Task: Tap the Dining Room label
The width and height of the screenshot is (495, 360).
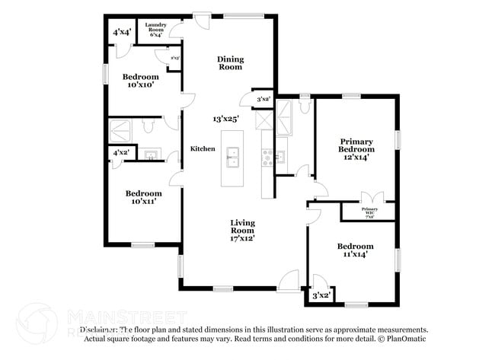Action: [x=229, y=63]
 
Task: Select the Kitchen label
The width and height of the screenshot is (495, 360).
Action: [x=203, y=148]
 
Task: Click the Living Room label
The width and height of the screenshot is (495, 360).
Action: [x=243, y=225]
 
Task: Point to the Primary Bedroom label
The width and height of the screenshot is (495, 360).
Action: [x=356, y=145]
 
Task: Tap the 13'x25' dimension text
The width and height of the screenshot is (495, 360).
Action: [x=226, y=119]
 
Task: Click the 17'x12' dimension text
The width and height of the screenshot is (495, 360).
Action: [x=243, y=238]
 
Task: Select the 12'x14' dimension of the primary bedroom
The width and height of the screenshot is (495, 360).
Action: [x=356, y=158]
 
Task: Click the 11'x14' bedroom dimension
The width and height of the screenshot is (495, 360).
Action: [x=356, y=254]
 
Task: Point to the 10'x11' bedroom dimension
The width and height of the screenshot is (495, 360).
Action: [x=143, y=202]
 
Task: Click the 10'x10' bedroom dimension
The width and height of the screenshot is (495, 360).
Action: [x=140, y=85]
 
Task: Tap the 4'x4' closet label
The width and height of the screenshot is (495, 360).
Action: [x=120, y=32]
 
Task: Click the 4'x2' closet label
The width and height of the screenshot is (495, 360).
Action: [x=120, y=152]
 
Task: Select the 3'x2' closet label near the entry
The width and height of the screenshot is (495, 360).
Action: [x=321, y=295]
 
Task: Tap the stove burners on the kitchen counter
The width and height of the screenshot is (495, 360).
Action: [x=267, y=158]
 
